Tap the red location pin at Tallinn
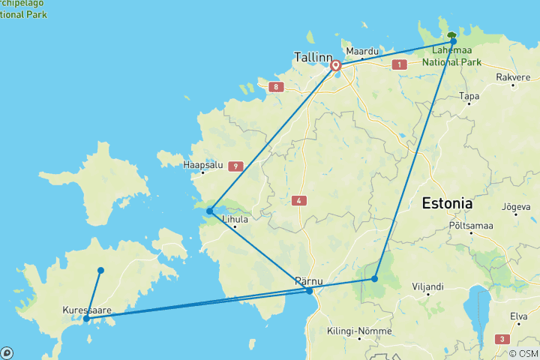point(335,67)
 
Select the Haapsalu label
point(203,165)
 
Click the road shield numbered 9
point(235,166)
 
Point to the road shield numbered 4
point(300,200)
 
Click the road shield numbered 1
point(400,65)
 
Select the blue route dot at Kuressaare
point(86,319)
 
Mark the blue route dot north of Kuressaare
point(100,270)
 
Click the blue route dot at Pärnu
point(309,291)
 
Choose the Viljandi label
point(427,286)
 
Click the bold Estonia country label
point(448,203)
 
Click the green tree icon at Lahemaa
point(451,35)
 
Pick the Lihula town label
point(234,220)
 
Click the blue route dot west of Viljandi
point(374,279)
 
